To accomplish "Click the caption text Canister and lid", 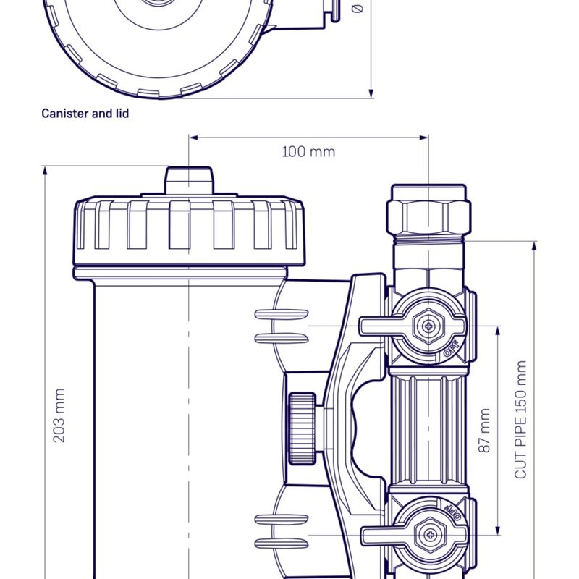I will (x=85, y=114).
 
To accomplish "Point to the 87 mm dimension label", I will (x=484, y=431).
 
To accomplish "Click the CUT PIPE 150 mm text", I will (x=520, y=420).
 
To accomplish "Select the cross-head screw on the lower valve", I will (x=430, y=536).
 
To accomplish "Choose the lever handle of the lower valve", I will (x=381, y=536).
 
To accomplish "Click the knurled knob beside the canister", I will (x=301, y=428).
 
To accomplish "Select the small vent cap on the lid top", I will (x=190, y=179).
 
